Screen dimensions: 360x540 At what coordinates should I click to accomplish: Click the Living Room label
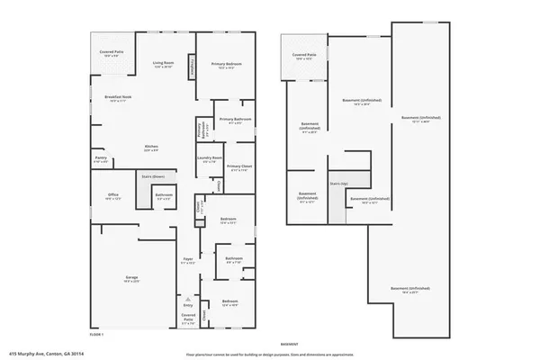coord(162,65)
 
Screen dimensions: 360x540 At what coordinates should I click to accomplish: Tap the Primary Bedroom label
coord(223,65)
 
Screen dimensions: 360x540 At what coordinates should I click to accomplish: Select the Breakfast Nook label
coord(118,98)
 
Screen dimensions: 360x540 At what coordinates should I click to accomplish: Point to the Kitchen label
coord(152,148)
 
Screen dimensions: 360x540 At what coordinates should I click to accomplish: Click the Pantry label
coord(101,159)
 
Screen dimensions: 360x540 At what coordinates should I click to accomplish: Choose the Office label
coord(113,195)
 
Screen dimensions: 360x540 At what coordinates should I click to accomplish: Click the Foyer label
coord(189,262)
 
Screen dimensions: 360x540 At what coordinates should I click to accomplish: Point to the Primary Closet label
coord(238,168)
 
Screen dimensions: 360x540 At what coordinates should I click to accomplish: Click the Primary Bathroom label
coord(234,121)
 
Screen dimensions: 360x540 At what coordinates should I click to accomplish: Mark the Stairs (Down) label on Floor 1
coord(152,176)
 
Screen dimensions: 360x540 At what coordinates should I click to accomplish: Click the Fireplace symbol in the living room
coord(190,67)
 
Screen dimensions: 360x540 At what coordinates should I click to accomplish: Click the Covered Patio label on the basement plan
coord(304,57)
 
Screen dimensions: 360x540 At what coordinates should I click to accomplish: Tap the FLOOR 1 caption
coord(95,334)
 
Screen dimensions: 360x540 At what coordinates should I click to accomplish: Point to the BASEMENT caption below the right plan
coord(289,345)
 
